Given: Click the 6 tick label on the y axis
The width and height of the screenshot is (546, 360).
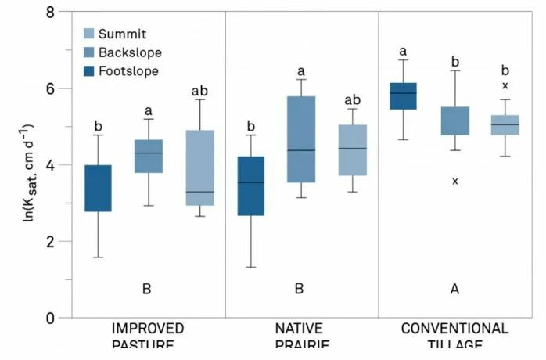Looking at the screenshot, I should click(x=51, y=89).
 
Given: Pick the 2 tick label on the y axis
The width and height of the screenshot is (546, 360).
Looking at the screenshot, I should click(x=51, y=242).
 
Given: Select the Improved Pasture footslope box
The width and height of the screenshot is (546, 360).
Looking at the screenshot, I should click(x=99, y=189).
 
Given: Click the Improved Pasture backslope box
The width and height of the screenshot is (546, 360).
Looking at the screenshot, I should click(x=149, y=156).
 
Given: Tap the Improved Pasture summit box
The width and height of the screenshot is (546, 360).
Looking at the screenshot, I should click(x=199, y=167).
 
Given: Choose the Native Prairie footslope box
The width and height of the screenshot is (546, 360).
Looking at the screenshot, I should click(x=251, y=186).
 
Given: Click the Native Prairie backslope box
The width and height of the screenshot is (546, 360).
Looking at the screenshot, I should click(x=301, y=139).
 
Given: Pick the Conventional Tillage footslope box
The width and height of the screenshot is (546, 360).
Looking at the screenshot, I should click(x=404, y=96).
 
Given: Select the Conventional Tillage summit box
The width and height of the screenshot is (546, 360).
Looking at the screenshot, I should click(x=505, y=125).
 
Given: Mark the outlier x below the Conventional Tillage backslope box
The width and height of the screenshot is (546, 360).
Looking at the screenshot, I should click(x=454, y=182).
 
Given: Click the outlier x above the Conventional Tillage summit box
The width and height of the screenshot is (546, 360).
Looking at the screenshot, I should click(x=505, y=85).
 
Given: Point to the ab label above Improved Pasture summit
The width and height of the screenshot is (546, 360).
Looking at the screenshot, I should click(x=199, y=92).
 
